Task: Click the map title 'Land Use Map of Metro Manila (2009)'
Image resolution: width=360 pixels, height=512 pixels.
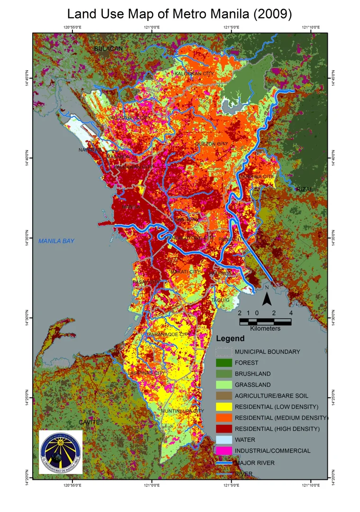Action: (x=180, y=14)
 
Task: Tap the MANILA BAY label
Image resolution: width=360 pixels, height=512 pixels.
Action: (x=56, y=241)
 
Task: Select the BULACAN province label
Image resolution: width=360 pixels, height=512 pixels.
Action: (x=108, y=49)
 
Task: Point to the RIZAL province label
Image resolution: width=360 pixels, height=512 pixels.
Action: (x=305, y=189)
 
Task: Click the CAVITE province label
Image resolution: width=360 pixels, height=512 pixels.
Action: (x=89, y=422)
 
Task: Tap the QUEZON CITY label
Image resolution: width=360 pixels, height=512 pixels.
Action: (x=211, y=144)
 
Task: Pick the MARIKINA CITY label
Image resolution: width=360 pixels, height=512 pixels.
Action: (x=256, y=177)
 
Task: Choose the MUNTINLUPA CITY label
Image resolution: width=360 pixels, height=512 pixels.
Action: (x=182, y=411)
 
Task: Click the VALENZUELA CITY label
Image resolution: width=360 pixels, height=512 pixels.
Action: (x=129, y=117)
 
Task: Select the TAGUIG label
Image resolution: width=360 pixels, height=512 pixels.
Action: (x=221, y=300)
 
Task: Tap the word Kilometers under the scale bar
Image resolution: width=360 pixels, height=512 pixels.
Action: (x=265, y=329)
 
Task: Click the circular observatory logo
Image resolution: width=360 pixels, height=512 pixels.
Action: (x=61, y=452)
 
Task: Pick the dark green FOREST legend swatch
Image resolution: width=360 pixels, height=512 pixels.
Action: (x=224, y=363)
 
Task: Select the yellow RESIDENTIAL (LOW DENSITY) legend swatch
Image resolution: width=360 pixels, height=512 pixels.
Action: (x=224, y=407)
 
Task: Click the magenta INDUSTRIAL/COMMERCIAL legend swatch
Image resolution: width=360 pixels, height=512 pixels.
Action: (x=224, y=450)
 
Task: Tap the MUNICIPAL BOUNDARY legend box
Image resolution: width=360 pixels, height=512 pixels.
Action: (x=224, y=352)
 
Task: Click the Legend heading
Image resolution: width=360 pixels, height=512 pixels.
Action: (x=230, y=339)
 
